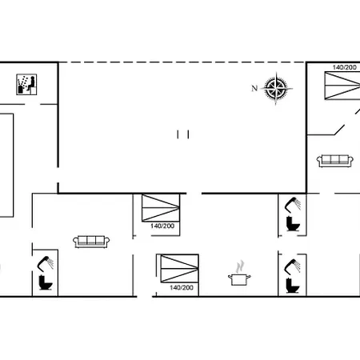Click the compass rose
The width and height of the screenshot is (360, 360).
277,89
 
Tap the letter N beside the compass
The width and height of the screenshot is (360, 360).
255,88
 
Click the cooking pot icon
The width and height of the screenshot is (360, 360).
238,279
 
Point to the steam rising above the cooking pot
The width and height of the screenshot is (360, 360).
238,265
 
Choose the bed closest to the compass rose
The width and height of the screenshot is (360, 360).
339,85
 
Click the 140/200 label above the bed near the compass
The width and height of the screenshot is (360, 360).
345,68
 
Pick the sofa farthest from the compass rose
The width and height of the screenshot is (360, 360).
90,241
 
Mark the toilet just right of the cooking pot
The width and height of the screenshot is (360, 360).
290,283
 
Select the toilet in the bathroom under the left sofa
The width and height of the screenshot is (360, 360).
45,282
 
